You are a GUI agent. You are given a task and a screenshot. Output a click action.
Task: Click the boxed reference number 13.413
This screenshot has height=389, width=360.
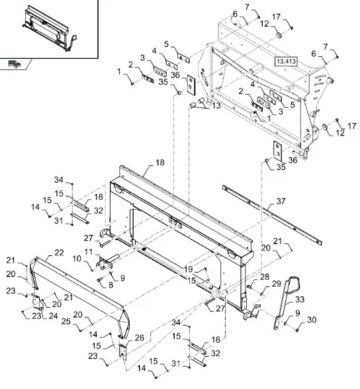tap(286, 62)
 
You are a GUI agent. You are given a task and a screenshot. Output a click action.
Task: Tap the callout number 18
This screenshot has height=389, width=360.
tap(160, 163)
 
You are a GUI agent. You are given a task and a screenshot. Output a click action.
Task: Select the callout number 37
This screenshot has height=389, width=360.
tap(281, 201)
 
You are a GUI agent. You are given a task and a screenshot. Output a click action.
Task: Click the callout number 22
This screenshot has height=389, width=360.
tap(59, 253)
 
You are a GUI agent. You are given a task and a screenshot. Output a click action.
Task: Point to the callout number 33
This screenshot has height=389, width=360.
tap(300, 300)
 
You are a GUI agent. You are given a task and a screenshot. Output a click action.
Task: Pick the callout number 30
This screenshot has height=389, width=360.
tap(312, 320)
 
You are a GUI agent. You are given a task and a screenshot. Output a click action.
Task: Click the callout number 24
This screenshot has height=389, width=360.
tap(53, 316)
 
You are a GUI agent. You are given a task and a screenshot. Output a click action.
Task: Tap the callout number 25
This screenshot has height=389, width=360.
tap(66, 322)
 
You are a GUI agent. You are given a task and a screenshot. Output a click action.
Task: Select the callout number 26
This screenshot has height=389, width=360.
tap(139, 337)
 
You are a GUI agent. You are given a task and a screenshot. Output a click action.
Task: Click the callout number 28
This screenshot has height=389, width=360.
tap(265, 277)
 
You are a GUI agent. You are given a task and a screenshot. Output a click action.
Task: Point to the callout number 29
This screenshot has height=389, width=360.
tap(277, 284)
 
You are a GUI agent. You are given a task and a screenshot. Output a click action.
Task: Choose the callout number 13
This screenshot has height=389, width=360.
tap(216, 105)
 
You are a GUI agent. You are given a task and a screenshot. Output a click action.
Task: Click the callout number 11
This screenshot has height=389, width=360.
tap(89, 252)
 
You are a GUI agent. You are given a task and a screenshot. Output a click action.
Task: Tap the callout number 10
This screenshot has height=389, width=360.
tap(77, 259)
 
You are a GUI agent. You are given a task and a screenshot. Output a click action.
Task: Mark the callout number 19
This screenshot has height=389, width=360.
tap(189, 269)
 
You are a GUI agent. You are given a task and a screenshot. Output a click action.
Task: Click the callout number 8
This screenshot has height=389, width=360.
tap(111, 284)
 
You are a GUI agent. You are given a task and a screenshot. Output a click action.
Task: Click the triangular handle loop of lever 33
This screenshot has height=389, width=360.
tap(296, 284)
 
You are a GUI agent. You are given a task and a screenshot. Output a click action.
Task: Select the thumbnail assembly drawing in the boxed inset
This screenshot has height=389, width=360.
tap(50, 28)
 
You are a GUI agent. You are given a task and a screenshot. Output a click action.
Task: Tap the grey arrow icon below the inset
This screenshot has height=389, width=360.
tap(15, 64)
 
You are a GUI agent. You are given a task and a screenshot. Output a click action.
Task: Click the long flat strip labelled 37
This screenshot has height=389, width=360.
tap(272, 215)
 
